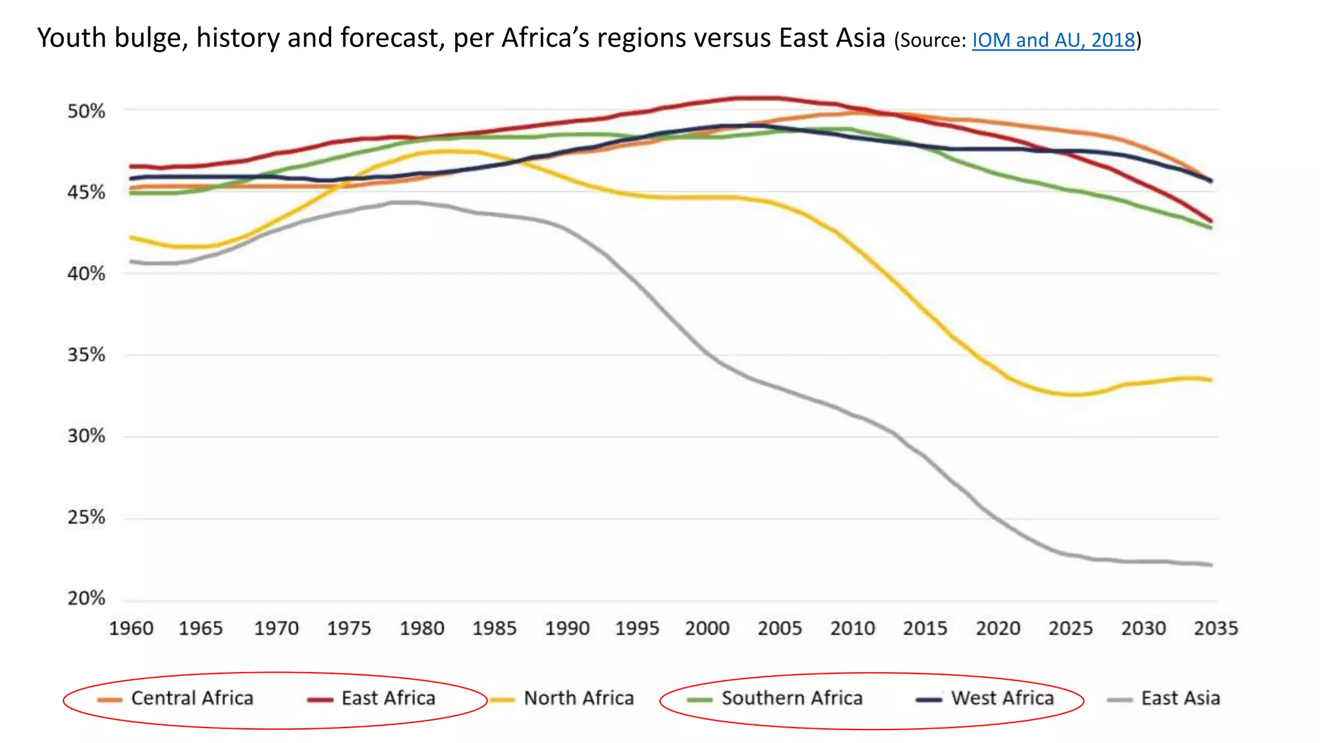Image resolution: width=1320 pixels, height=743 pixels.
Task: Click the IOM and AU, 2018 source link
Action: [x=1053, y=40]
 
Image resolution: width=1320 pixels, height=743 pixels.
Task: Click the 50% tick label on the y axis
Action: [x=86, y=111]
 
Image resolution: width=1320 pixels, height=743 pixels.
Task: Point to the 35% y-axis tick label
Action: [x=86, y=355]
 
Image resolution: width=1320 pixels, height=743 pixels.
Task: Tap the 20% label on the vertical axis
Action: [x=86, y=599]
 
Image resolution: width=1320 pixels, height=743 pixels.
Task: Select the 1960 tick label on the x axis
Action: [x=131, y=628]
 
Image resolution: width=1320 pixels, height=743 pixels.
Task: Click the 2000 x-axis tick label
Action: [x=707, y=628]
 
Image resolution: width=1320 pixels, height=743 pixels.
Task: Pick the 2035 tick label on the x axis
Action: [x=1216, y=628]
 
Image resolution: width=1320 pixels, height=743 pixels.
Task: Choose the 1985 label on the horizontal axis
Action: [x=494, y=628]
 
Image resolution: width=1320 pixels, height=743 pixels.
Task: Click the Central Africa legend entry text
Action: [x=192, y=698]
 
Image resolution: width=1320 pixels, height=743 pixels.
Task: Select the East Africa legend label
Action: [x=388, y=698]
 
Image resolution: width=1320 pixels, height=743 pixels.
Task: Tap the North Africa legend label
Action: [x=579, y=698]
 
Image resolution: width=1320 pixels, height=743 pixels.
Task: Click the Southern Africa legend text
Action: [x=791, y=698]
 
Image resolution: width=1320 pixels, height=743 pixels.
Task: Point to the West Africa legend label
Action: [x=1002, y=698]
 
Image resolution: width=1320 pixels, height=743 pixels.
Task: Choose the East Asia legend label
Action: [x=1180, y=698]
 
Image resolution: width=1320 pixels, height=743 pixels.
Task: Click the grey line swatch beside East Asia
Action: [x=1120, y=700]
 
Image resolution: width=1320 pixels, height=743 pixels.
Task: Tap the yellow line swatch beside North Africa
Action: [x=502, y=700]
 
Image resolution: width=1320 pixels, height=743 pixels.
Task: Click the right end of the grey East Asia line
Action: [x=1211, y=565]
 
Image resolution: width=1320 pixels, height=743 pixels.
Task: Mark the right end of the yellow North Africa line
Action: [x=1211, y=380]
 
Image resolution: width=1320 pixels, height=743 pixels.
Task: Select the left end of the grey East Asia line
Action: [x=131, y=261]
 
